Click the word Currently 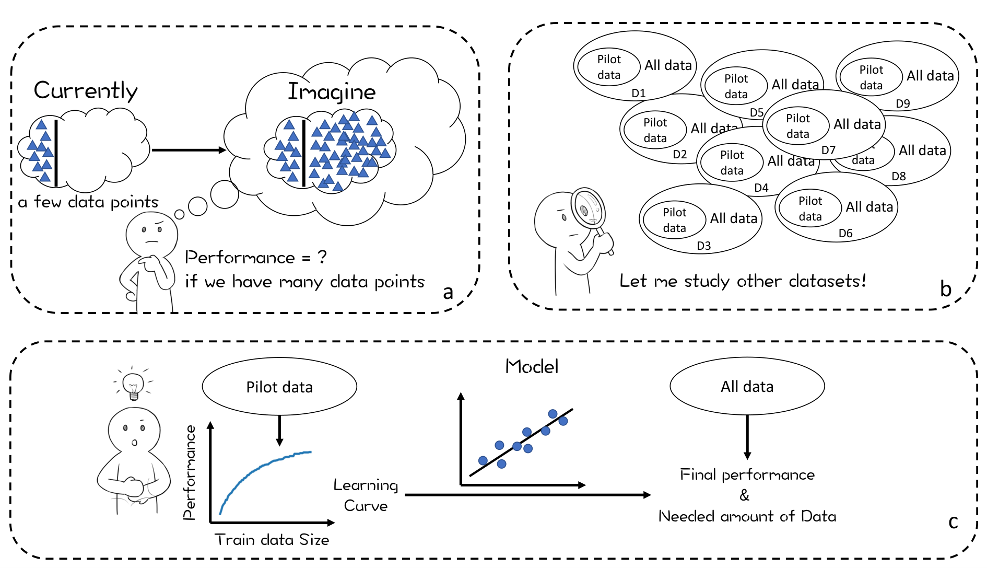coord(86,91)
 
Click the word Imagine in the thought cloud coord(332,92)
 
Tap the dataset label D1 coord(639,93)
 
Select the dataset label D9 coord(903,103)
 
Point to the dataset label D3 coord(704,246)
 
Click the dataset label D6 coord(845,233)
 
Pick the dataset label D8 coord(899,176)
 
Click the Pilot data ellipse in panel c coord(279,387)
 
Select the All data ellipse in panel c coord(747,386)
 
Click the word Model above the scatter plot coord(532,366)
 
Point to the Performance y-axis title coord(190,472)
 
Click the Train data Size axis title coord(272,539)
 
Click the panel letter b coord(946,288)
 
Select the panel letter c coord(953,522)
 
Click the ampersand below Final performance coord(745,495)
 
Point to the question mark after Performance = coord(322,257)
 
